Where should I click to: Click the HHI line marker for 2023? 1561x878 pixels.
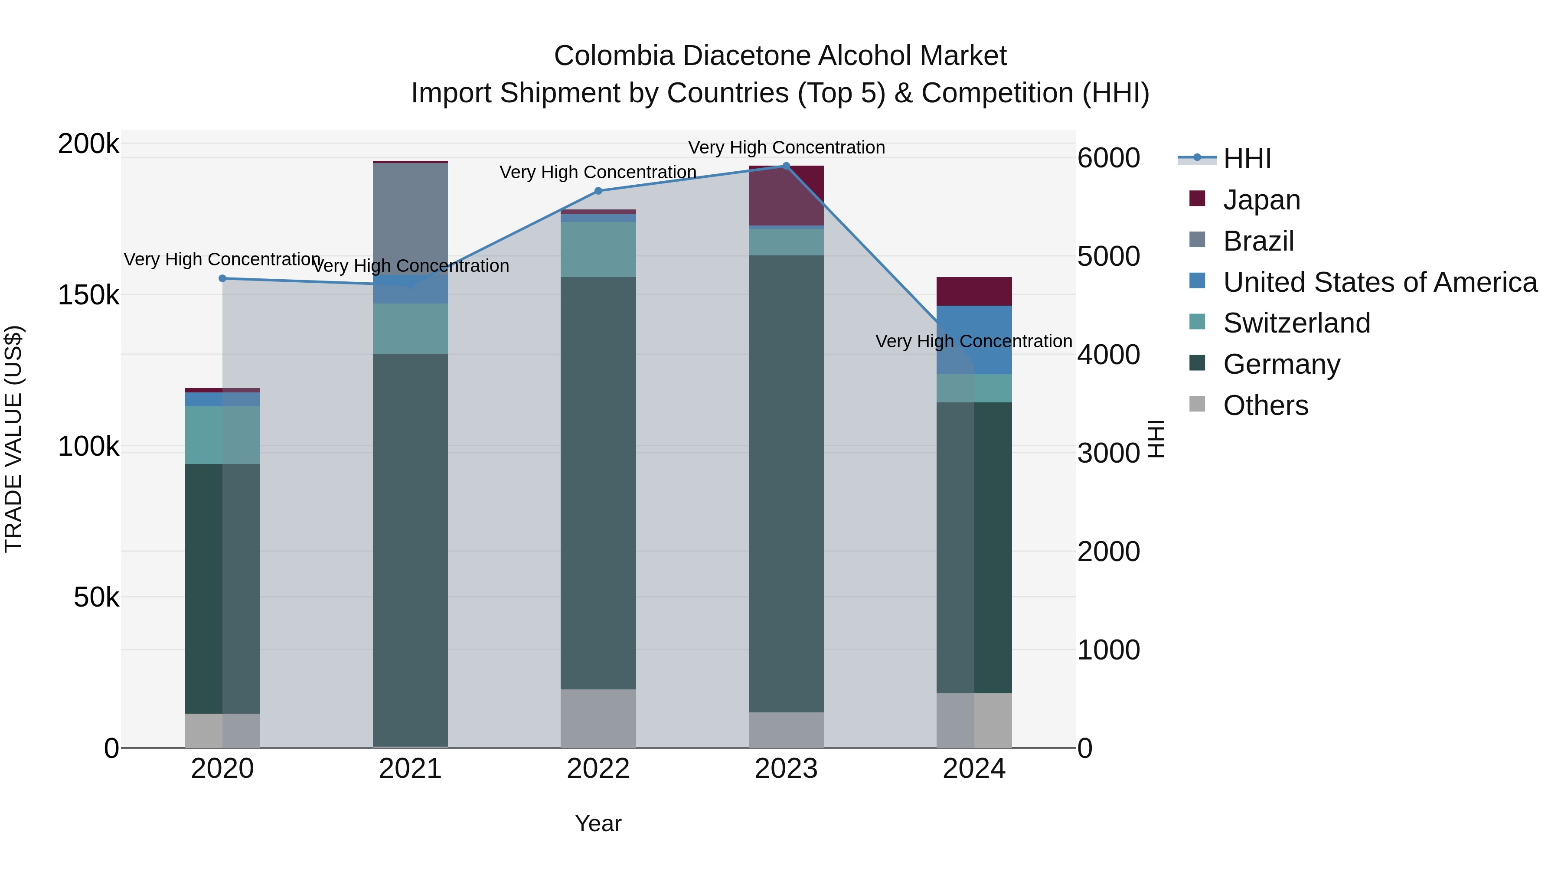(x=786, y=166)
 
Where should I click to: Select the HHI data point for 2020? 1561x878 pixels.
(x=222, y=279)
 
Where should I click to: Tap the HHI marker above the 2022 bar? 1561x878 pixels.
(x=598, y=191)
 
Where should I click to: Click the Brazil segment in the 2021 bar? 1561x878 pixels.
(x=410, y=218)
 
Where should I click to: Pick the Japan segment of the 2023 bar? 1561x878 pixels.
(x=786, y=195)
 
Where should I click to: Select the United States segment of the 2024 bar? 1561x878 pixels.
(x=974, y=339)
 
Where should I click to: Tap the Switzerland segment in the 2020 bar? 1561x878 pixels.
(x=222, y=435)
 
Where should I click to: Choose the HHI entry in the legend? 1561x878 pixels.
(x=1247, y=159)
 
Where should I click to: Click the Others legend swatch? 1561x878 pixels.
(x=1197, y=404)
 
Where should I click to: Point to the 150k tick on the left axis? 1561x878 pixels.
(x=88, y=296)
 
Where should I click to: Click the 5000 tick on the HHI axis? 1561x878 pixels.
(x=1108, y=256)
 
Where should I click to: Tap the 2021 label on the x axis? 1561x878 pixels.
(x=410, y=769)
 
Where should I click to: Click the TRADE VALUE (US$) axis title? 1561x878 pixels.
(x=13, y=439)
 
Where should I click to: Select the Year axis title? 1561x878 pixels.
(x=598, y=823)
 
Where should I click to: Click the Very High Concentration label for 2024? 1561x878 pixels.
(x=974, y=342)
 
